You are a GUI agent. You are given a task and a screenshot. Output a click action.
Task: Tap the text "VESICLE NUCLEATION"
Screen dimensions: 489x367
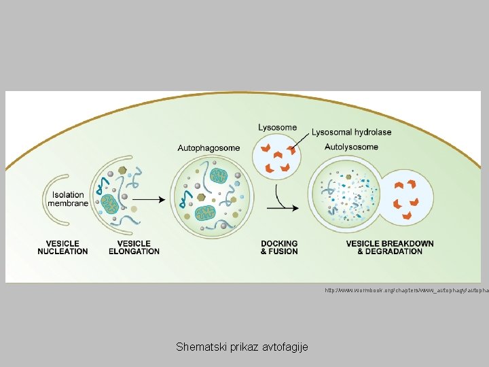tap(62, 247)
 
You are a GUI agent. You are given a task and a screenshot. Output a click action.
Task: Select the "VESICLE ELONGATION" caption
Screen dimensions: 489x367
tap(134, 247)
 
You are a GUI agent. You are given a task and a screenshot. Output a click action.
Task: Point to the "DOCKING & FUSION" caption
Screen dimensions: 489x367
tap(279, 247)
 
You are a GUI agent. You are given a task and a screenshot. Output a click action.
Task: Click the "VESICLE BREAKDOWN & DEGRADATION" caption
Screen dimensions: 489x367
tap(389, 247)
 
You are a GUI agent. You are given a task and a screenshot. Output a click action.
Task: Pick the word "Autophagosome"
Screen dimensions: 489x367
tap(209, 147)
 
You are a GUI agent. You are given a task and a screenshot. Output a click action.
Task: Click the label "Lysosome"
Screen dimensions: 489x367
tap(277, 127)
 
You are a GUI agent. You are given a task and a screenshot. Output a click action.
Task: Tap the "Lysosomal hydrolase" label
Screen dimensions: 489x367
tap(351, 132)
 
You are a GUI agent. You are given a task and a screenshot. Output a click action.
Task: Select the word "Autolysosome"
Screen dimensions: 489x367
tap(351, 147)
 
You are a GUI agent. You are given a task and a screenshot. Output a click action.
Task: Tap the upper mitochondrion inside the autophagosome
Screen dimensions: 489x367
tap(220, 177)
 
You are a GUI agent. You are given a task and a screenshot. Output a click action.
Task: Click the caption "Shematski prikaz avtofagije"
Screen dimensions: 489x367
tap(242, 347)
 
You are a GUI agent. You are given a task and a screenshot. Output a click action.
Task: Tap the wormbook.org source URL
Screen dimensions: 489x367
tap(406, 290)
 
